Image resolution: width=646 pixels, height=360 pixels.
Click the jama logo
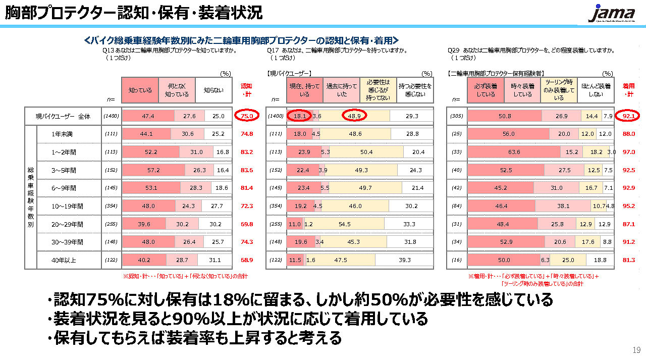click(x=612, y=14)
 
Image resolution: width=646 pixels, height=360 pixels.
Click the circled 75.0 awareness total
click(x=247, y=116)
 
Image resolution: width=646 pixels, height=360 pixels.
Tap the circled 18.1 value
click(x=299, y=116)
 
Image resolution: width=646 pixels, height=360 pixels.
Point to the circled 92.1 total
click(x=628, y=116)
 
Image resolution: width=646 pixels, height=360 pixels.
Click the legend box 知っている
click(x=140, y=90)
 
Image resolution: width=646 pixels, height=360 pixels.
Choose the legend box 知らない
click(x=213, y=90)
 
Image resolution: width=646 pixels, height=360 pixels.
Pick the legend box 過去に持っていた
click(x=341, y=90)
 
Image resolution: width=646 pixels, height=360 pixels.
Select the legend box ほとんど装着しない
click(x=596, y=90)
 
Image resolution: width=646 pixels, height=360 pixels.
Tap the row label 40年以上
click(x=64, y=260)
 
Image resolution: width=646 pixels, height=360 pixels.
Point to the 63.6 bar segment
click(x=514, y=152)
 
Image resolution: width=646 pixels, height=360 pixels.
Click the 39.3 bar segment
click(x=404, y=260)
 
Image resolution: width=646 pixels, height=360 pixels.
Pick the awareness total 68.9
click(x=247, y=260)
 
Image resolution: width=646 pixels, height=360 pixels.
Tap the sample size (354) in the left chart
click(x=111, y=206)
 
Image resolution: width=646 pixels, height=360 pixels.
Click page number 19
click(x=635, y=350)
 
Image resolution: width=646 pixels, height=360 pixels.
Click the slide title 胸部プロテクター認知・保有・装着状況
click(x=134, y=13)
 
